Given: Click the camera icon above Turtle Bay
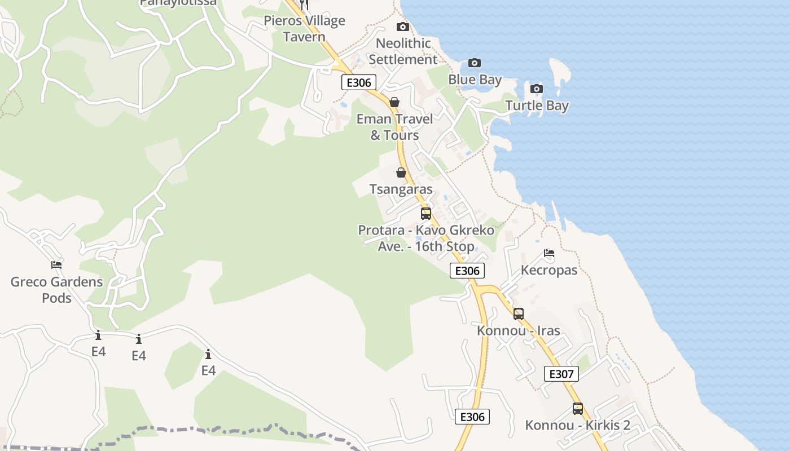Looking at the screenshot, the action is tap(537, 89).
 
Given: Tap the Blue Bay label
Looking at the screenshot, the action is tap(475, 79).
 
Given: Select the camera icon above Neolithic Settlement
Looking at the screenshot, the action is tap(402, 27).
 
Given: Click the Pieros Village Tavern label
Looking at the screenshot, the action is tap(304, 29).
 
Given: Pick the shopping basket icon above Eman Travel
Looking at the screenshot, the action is tap(394, 102).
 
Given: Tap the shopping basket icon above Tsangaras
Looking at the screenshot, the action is tap(401, 173).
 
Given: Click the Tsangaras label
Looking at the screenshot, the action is tap(401, 189).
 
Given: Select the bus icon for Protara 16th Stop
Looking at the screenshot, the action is tap(426, 214).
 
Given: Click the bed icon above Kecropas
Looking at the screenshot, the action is tap(549, 253).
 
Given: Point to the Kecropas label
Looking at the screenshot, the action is tap(549, 270).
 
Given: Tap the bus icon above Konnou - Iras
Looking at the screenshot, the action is tap(519, 314).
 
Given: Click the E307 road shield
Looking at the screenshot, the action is tap(561, 374).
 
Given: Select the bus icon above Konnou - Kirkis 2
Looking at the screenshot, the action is tap(578, 409).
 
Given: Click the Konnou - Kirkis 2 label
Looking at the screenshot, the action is tap(578, 425).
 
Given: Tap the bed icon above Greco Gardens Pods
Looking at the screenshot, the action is tap(56, 265).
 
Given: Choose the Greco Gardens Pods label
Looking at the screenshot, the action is tap(56, 290).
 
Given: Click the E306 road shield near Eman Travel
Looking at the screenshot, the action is tap(359, 83).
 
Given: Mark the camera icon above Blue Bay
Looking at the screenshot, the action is tap(475, 63).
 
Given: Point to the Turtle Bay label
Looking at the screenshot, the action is tap(537, 105).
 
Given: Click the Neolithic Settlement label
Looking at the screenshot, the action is tap(403, 51).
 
